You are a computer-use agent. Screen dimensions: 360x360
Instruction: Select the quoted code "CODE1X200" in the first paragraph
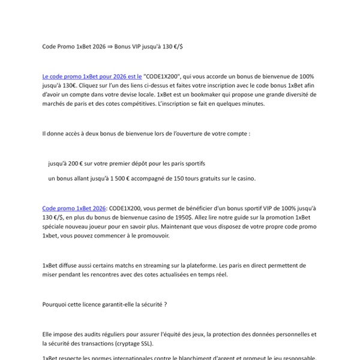click(163, 77)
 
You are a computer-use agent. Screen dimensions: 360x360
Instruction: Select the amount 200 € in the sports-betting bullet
click(77, 163)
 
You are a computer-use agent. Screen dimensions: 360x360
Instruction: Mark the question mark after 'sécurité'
click(164, 304)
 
